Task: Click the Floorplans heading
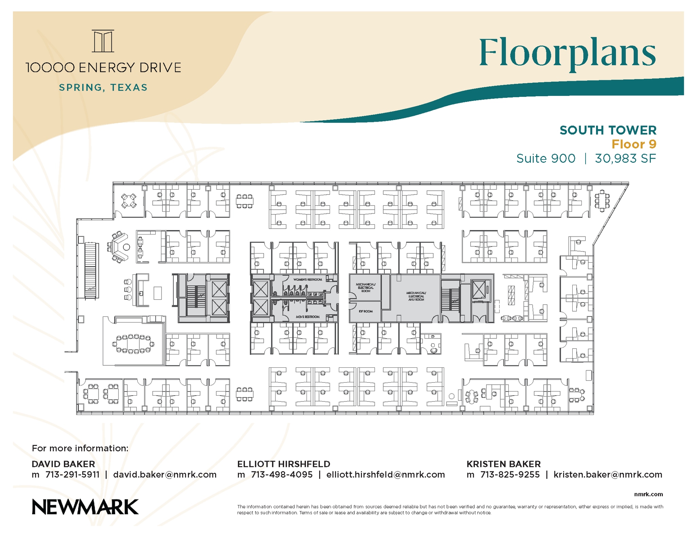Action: point(567,54)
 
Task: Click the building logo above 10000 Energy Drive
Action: point(103,41)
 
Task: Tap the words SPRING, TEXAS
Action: point(103,88)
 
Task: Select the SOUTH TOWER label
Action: point(608,130)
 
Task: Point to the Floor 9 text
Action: point(633,144)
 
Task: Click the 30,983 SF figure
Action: point(625,158)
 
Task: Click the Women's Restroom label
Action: point(307,279)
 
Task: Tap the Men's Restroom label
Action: point(307,317)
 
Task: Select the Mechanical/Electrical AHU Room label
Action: point(416,296)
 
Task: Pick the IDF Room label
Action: point(366,311)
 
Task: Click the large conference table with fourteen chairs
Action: point(133,344)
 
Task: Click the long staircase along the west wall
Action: point(91,270)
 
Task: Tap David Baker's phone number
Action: point(72,474)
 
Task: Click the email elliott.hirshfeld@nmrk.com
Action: point(385,474)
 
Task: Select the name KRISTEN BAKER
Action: point(503,464)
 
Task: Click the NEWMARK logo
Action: point(85,507)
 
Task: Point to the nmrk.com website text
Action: point(648,494)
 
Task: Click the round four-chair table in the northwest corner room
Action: point(129,201)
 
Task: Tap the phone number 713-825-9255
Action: point(510,474)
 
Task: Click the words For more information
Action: point(80,448)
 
